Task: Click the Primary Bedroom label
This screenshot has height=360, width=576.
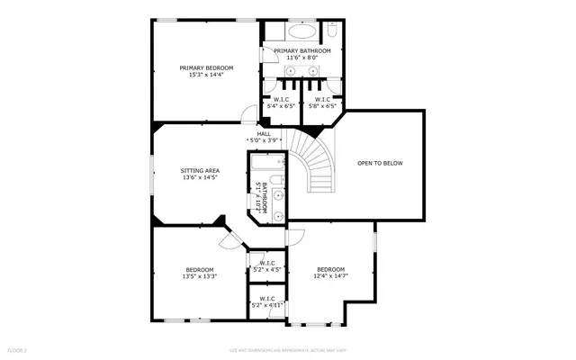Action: pos(206,67)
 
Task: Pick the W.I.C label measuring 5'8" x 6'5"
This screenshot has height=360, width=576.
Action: pos(319,103)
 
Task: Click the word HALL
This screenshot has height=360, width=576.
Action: pos(264,134)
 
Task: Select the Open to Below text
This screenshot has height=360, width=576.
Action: pos(380,163)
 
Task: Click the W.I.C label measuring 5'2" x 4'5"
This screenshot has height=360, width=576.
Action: pos(267,267)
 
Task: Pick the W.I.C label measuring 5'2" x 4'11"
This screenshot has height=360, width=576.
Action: pos(267,302)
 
